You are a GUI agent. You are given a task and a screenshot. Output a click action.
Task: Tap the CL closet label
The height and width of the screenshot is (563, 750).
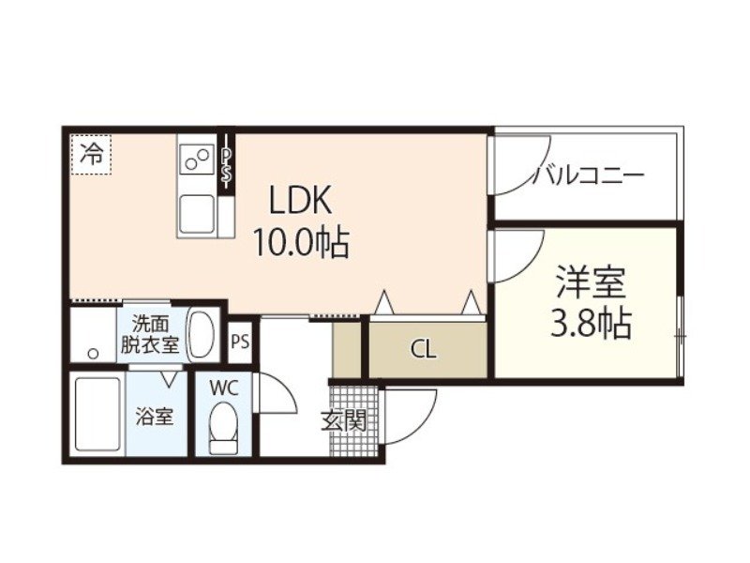click(424, 350)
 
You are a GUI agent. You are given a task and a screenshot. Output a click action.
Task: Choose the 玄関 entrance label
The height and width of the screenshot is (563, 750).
click(344, 420)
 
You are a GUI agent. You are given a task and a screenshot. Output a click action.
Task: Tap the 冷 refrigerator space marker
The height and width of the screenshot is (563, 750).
click(91, 153)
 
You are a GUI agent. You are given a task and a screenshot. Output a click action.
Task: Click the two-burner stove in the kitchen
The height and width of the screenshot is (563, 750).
click(197, 159)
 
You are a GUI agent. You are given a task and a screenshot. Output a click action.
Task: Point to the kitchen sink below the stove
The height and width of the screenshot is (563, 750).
click(198, 213)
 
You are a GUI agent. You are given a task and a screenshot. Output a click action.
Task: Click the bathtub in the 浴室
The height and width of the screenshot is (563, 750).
click(97, 417)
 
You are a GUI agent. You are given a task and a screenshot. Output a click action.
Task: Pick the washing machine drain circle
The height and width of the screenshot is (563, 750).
click(92, 354)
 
